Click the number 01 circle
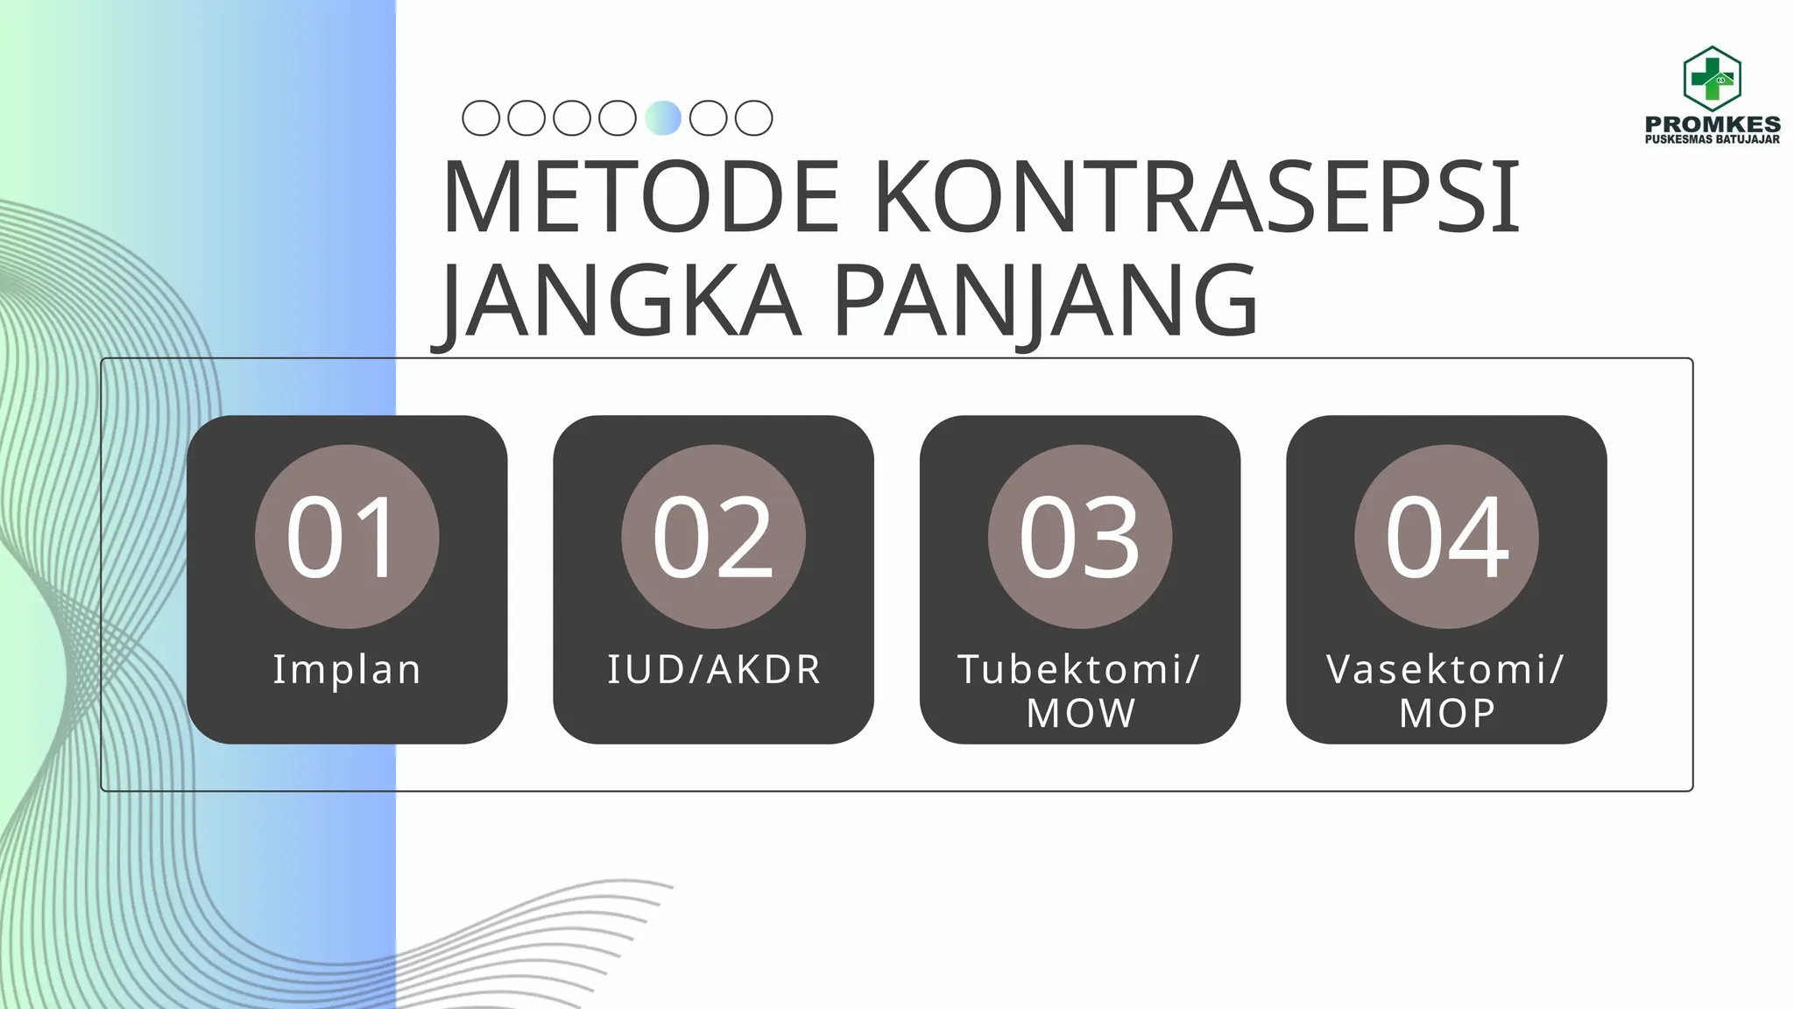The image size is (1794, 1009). coord(347,536)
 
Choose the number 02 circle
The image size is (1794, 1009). coord(713,536)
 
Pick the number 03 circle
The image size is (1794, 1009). coord(1080,536)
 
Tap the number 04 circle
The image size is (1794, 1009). coord(1446,536)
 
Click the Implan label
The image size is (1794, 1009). coord(347,670)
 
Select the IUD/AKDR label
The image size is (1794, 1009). coord(714,670)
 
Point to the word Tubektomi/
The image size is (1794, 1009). coord(1079,670)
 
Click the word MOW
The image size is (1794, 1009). coord(1081,713)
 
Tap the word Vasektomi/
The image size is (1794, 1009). coord(1445,670)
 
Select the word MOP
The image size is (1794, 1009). coord(1447,713)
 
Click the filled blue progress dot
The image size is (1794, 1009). coord(663,118)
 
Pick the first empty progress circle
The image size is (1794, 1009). coord(481,118)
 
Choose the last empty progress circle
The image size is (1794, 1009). coord(754,118)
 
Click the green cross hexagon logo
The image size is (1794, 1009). coord(1712,79)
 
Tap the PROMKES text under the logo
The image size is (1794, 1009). coord(1713,124)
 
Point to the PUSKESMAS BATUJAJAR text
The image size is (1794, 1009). coord(1713,139)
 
